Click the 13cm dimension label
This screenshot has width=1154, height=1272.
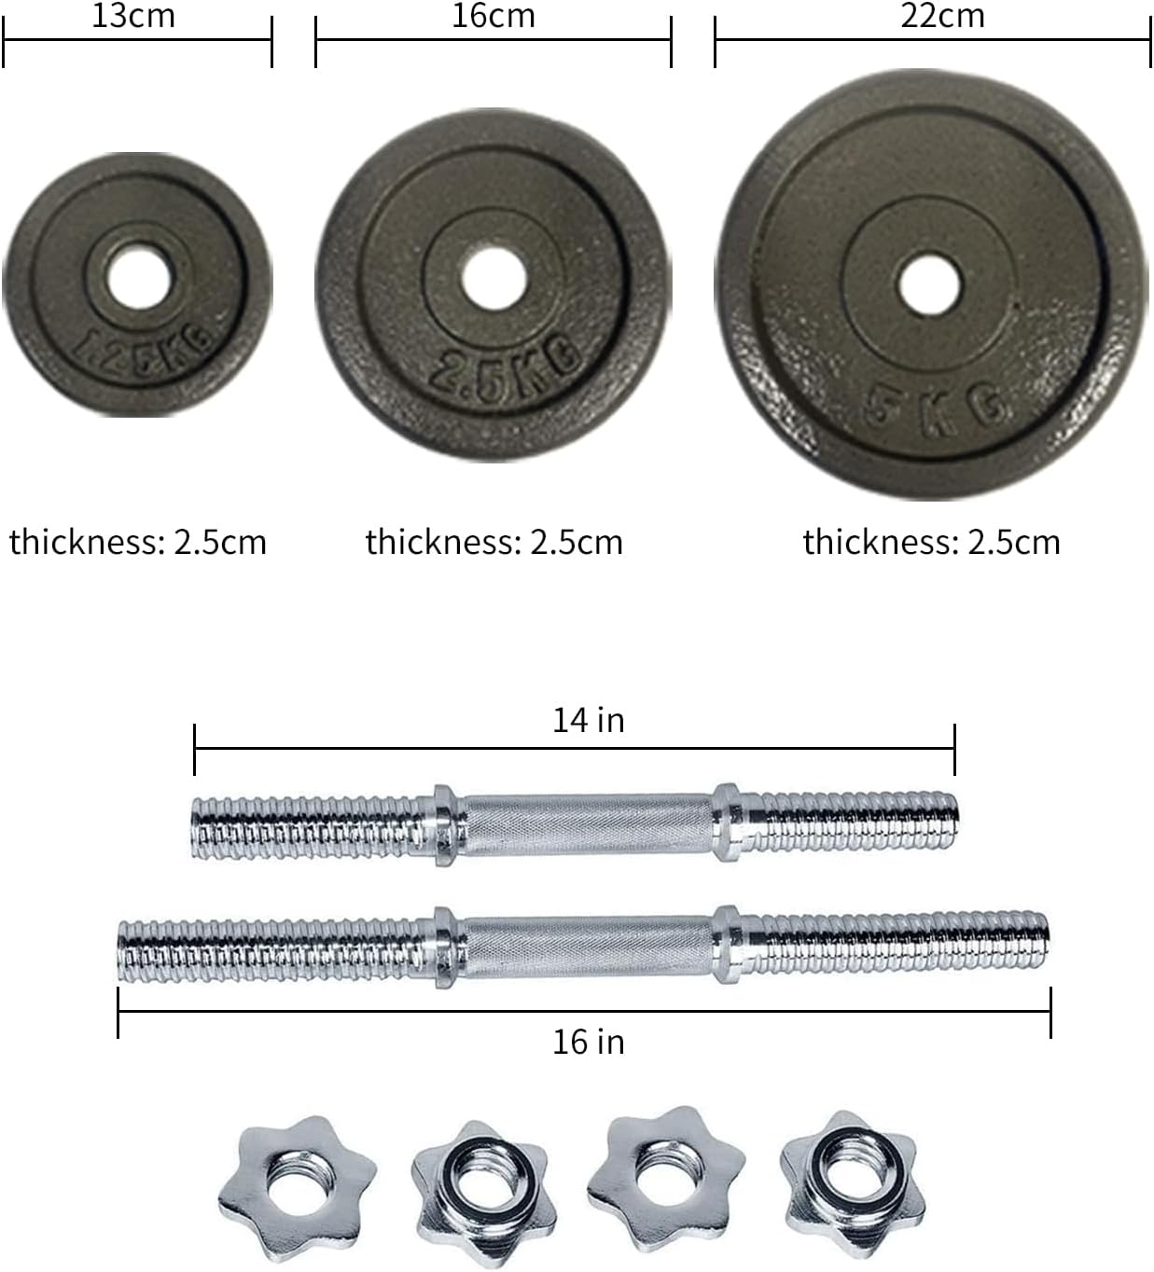[x=133, y=16]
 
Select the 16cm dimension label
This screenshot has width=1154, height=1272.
[x=493, y=16]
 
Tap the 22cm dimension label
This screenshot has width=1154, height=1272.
[x=941, y=16]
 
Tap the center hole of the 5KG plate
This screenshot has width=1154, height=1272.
[x=929, y=283]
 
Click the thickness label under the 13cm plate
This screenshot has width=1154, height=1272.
[x=138, y=542]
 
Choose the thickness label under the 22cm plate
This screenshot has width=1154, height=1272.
[x=931, y=542]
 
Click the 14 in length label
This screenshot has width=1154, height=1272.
[x=588, y=720]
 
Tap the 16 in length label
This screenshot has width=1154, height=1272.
[x=588, y=1041]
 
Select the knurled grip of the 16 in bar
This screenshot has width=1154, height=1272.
[x=588, y=948]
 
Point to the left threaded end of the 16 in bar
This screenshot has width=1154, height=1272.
[x=271, y=949]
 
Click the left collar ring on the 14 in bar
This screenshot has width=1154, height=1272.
[x=446, y=824]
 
